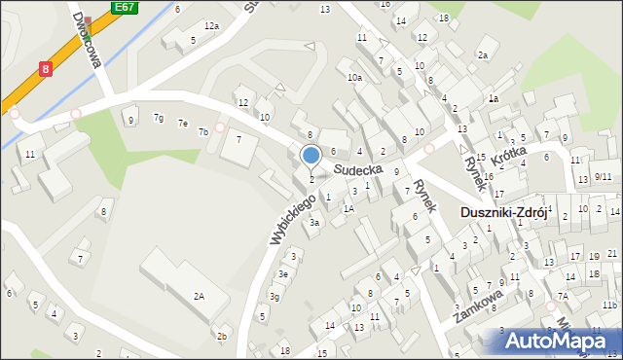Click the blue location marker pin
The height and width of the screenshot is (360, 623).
click(311, 156)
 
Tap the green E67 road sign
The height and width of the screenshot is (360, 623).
click(123, 7)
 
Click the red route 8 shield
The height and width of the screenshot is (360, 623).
click(46, 69)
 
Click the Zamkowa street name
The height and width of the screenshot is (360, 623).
click(477, 306)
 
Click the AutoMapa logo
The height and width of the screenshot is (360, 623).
click(560, 340)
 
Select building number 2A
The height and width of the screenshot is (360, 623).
click(200, 295)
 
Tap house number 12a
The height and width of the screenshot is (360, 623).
click(211, 26)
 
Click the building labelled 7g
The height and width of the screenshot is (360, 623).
click(158, 119)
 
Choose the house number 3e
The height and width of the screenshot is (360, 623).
click(282, 274)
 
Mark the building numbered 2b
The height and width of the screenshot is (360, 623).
click(222, 337)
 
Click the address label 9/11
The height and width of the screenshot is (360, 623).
click(604, 177)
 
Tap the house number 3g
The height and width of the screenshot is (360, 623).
click(275, 297)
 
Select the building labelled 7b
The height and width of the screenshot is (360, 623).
click(203, 131)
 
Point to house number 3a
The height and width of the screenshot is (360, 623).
click(314, 223)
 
